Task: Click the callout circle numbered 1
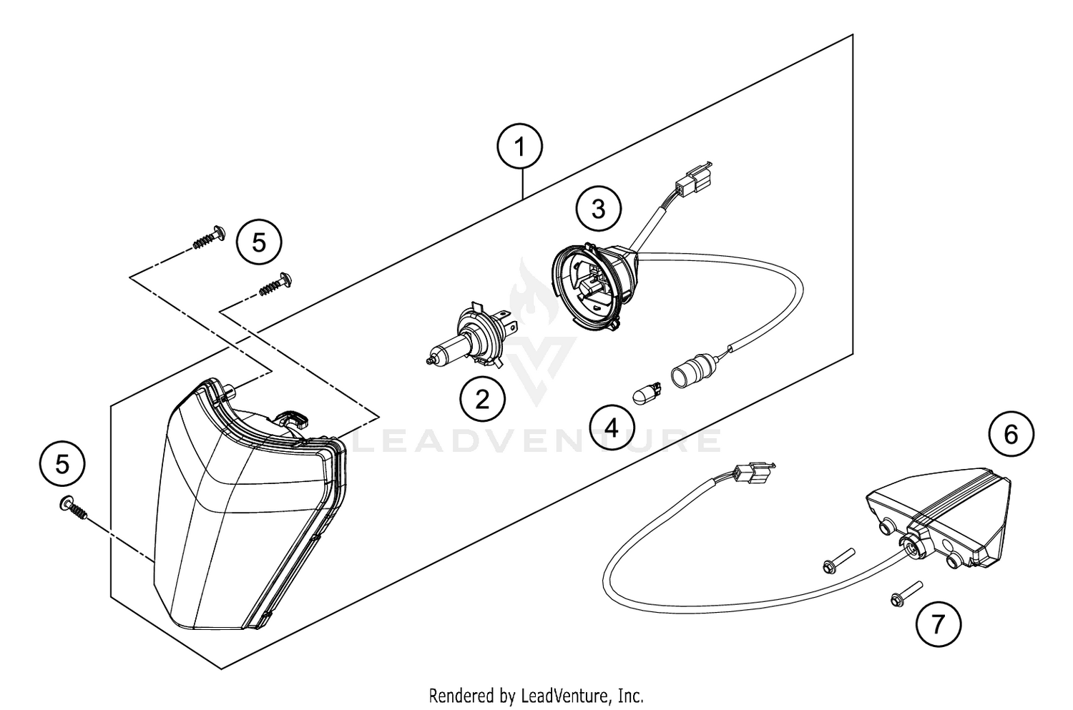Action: coord(520,148)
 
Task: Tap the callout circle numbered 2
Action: coord(482,398)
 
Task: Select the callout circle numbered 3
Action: coord(598,209)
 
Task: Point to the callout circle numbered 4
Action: coord(612,428)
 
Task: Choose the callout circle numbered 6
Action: coord(1011,434)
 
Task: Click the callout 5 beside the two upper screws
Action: coord(259,242)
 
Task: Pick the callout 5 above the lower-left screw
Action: coord(63,464)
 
